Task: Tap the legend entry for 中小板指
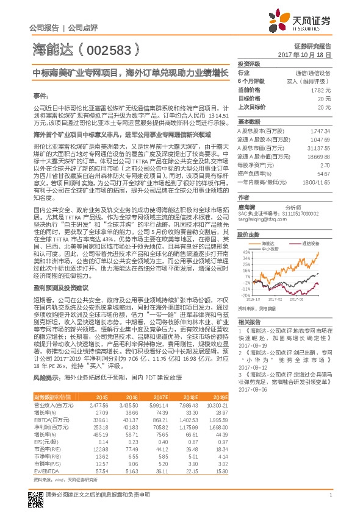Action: tap(266, 249)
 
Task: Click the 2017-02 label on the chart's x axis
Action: tap(275, 299)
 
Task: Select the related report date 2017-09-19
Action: tap(249, 345)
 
